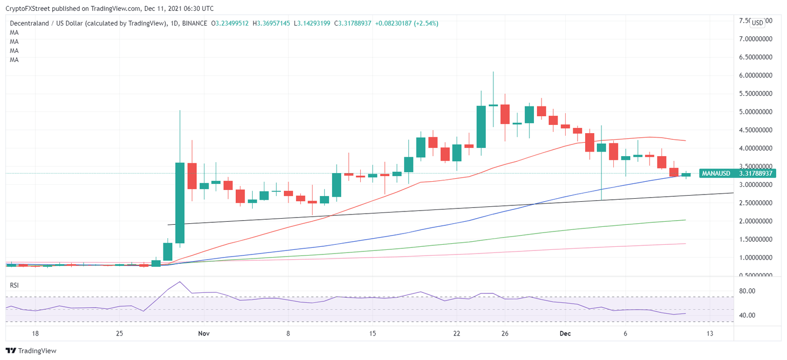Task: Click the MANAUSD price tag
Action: (x=738, y=174)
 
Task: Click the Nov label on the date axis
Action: (x=204, y=333)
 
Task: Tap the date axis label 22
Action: (x=457, y=333)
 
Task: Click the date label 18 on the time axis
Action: (x=35, y=333)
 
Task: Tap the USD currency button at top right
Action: (x=757, y=23)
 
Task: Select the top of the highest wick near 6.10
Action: (x=493, y=72)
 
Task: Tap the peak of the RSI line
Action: (x=180, y=282)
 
